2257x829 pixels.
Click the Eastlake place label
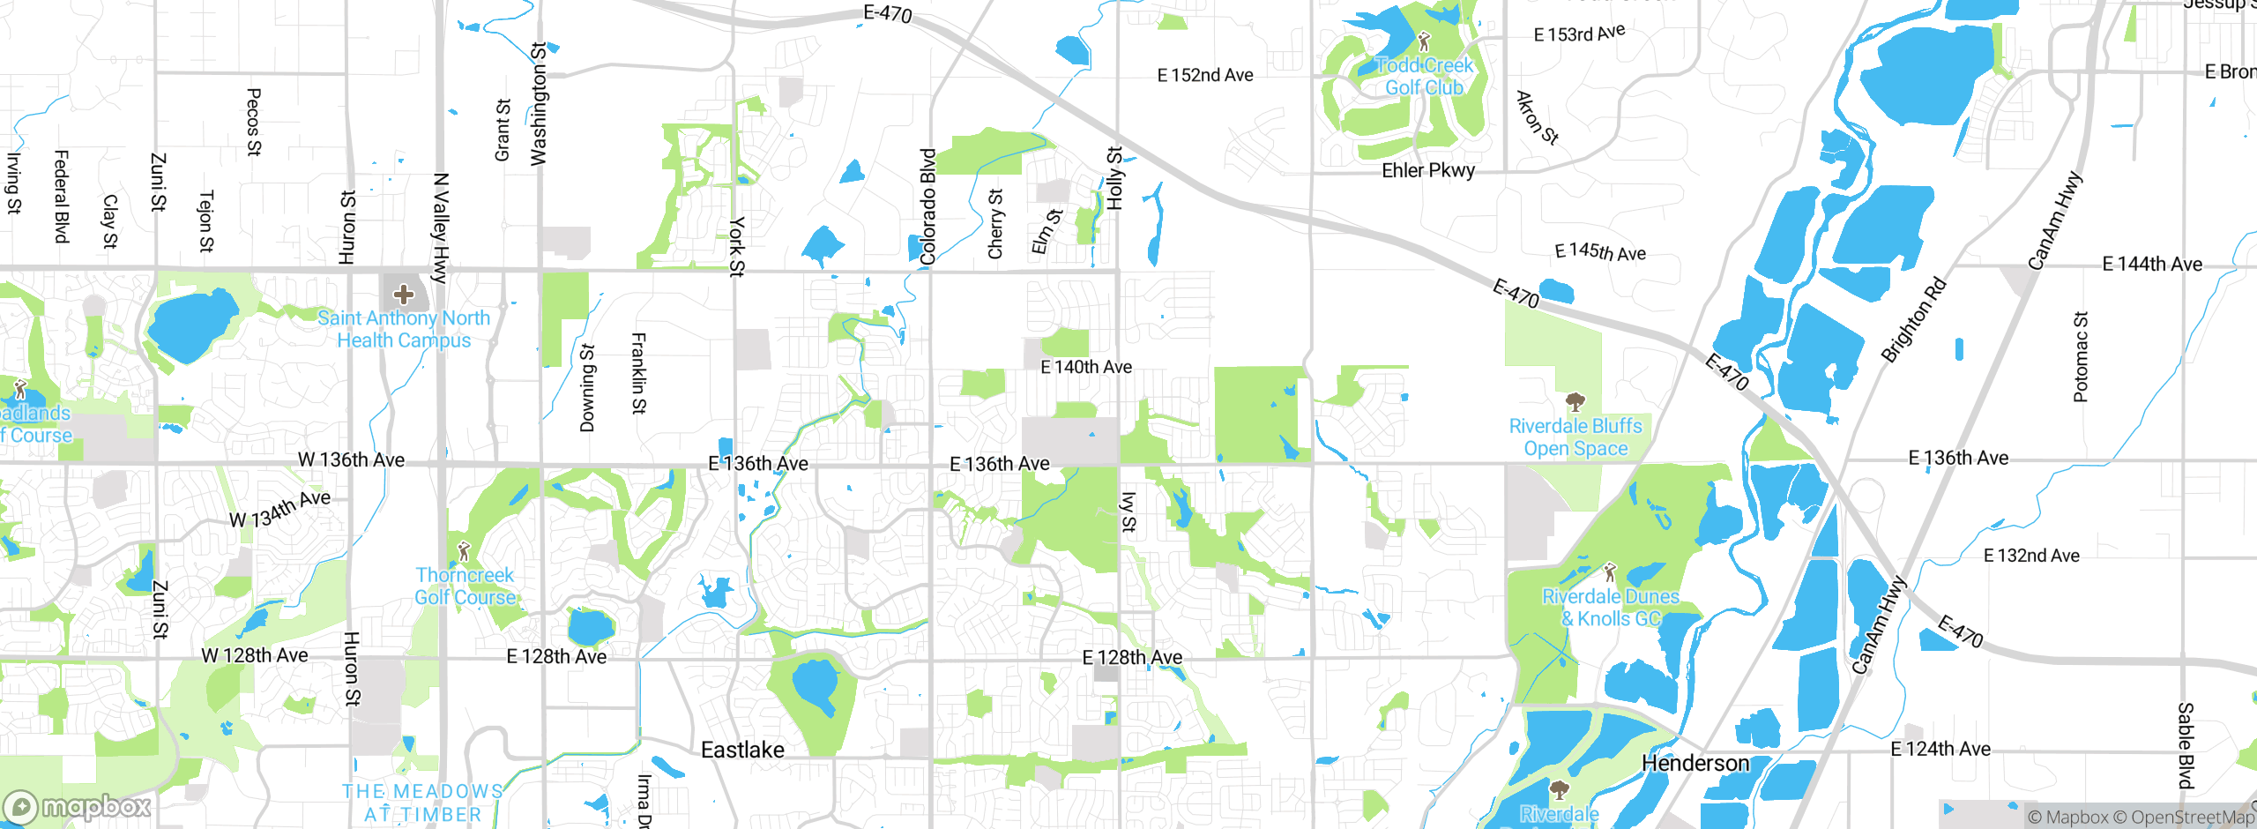tap(742, 750)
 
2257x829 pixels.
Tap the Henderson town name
tap(1695, 763)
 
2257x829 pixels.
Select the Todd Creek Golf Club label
tap(1424, 77)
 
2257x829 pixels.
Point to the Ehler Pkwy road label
tap(1428, 170)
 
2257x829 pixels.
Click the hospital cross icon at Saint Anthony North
tap(404, 295)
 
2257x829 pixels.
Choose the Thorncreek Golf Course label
tap(465, 586)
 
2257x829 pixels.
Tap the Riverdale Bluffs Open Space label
tap(1575, 437)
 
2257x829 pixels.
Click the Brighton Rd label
tap(1913, 320)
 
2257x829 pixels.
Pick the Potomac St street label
tap(2081, 357)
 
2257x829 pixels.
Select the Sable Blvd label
tap(2186, 745)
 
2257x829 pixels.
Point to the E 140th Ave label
tap(1086, 367)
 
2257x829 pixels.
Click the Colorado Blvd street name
tap(927, 207)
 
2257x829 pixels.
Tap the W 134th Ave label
tap(279, 509)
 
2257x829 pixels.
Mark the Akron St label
tap(1537, 117)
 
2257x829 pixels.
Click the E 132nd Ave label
tap(2031, 556)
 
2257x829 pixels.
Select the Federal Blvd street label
tap(62, 196)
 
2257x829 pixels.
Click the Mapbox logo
tap(78, 807)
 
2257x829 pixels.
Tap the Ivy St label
tap(1128, 512)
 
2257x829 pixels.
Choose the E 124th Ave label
tap(1940, 749)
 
